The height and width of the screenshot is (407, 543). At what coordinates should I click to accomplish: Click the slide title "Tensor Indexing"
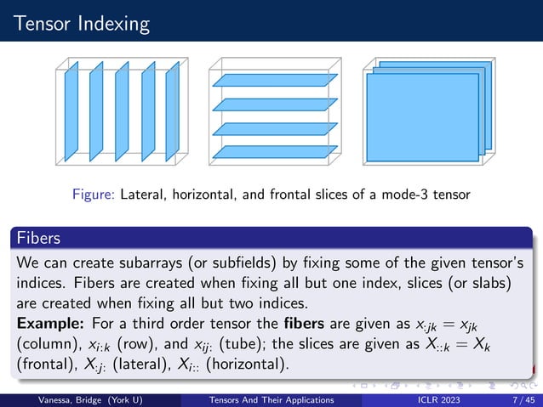(77, 20)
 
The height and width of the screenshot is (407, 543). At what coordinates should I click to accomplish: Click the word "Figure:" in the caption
(94, 195)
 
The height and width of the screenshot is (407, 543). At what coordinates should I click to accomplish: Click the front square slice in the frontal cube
(417, 118)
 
